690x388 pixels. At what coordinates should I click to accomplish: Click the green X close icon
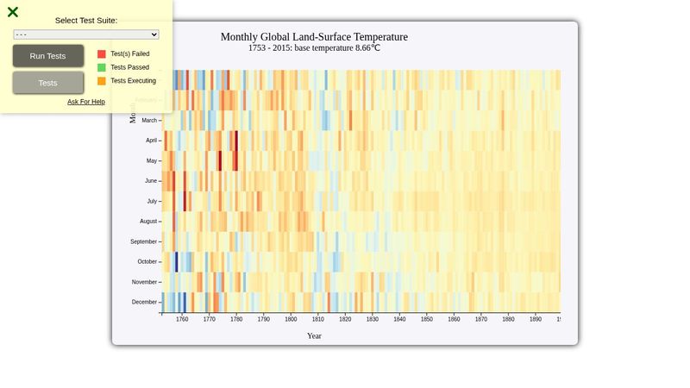[13, 12]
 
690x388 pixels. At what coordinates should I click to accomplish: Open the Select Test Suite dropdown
[86, 34]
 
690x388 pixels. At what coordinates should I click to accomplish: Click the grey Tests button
[48, 83]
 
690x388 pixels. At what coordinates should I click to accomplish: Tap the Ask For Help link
[86, 102]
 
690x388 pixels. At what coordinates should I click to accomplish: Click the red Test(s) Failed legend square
[102, 53]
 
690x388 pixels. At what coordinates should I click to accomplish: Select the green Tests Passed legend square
[102, 67]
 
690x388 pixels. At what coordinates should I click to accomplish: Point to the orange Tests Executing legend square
[102, 81]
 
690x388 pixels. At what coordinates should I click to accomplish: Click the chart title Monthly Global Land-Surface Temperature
[314, 37]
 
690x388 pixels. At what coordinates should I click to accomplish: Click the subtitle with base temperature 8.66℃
[314, 48]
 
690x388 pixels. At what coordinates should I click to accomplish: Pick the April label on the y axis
[151, 141]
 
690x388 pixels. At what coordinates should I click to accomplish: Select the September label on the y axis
[143, 241]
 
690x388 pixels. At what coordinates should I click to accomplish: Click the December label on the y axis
[144, 302]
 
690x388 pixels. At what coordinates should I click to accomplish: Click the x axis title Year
[314, 336]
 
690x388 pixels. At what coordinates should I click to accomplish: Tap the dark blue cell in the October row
[177, 262]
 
